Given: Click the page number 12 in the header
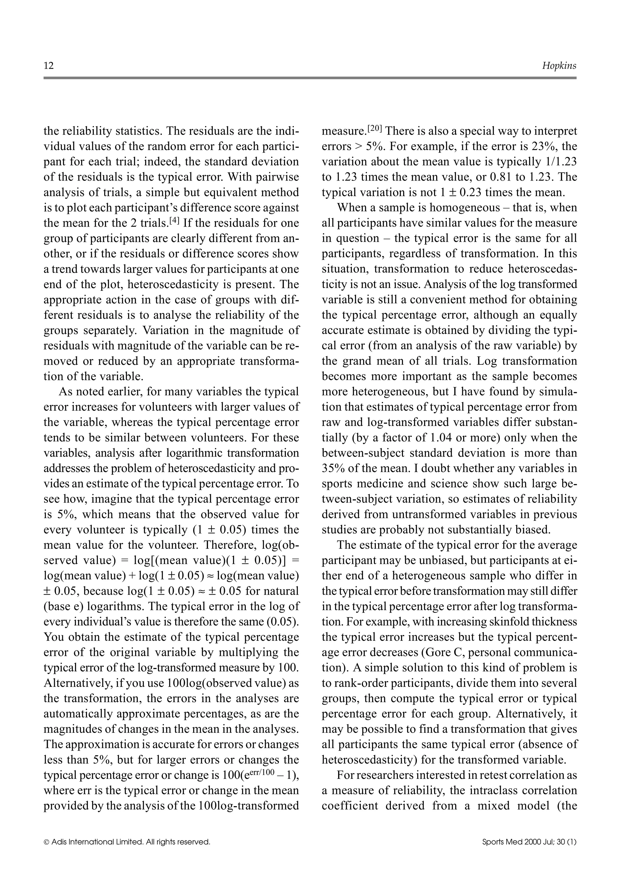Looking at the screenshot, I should tap(49, 66).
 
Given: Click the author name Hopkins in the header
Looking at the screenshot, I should tap(559, 66).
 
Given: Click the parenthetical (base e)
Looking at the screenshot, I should tap(62, 606).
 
